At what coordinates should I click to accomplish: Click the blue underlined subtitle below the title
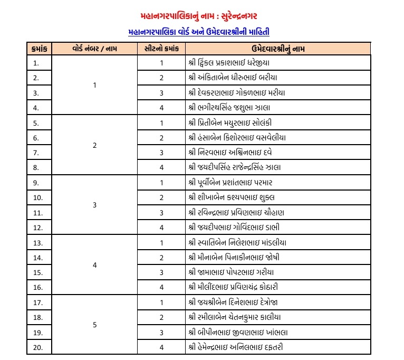199,32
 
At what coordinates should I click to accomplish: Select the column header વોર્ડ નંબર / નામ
95,49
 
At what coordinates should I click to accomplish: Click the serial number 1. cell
36,63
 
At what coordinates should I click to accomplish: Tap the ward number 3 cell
95,205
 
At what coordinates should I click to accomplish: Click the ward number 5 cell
95,325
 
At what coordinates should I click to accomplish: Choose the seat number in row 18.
162,317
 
